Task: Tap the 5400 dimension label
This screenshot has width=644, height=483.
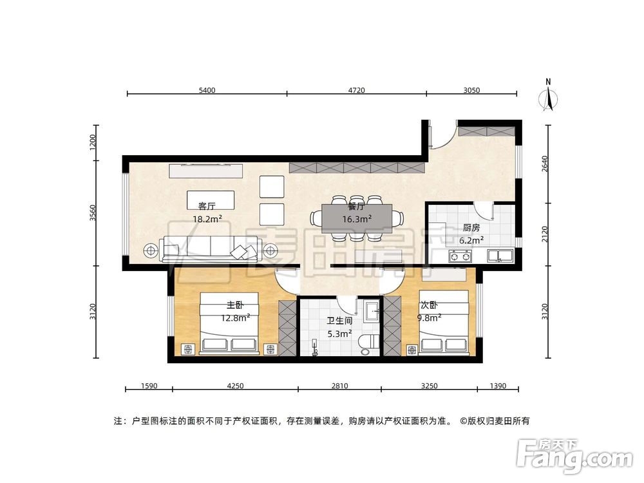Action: point(207,91)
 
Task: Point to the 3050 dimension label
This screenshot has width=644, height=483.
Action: point(471,91)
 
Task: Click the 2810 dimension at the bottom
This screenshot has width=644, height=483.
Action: point(339,386)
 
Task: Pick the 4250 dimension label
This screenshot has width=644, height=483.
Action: point(235,386)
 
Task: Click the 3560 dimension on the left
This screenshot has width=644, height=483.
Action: point(93,213)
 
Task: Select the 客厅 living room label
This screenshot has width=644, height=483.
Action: point(207,206)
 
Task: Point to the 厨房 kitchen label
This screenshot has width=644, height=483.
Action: point(471,227)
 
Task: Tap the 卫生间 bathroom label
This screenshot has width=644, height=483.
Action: point(339,320)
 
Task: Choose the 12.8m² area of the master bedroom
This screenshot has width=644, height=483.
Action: point(236,317)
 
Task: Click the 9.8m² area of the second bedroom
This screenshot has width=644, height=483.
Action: point(430,317)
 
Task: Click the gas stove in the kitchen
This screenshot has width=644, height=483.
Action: point(459,257)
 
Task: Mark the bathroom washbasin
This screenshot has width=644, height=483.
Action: point(372,312)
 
